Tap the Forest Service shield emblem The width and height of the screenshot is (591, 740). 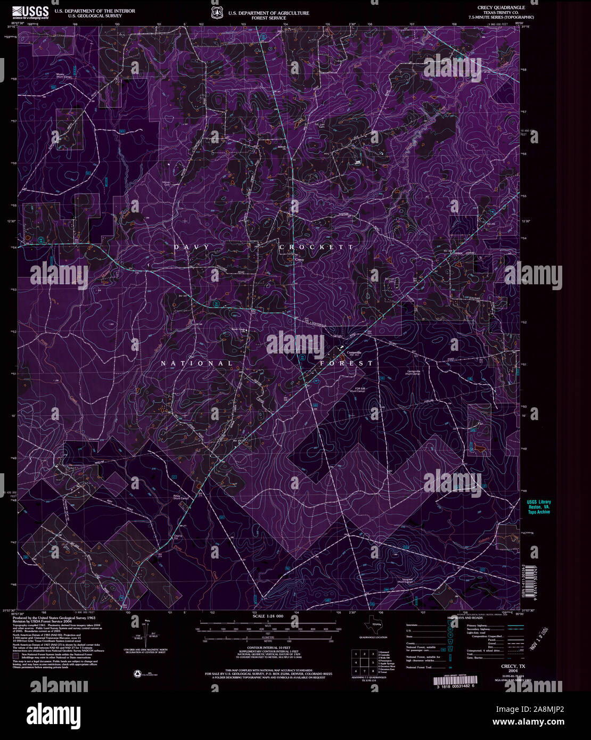point(217,12)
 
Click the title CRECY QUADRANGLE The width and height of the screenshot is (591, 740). point(502,8)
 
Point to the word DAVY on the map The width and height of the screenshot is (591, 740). point(192,248)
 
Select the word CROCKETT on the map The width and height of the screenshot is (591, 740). point(316,248)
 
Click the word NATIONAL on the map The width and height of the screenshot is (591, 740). point(197,364)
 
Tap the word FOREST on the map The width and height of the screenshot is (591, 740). point(347,364)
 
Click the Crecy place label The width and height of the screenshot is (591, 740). point(299,259)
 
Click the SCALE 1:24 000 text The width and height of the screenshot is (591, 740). point(268,616)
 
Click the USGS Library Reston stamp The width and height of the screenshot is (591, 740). point(539,506)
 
